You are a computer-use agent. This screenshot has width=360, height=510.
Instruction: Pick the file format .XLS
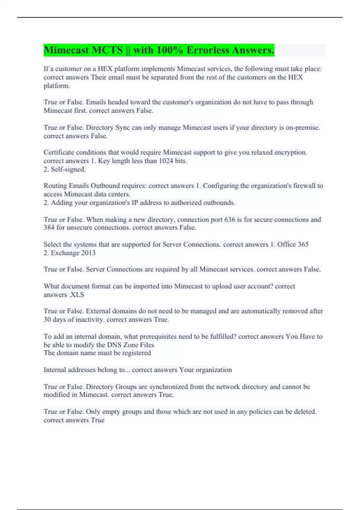pos(76,295)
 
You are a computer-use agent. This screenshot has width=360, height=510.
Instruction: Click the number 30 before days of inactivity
pos(47,320)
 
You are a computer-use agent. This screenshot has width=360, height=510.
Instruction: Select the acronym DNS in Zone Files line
pos(114,345)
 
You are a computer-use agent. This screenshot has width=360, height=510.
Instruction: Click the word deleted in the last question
pos(305,412)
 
